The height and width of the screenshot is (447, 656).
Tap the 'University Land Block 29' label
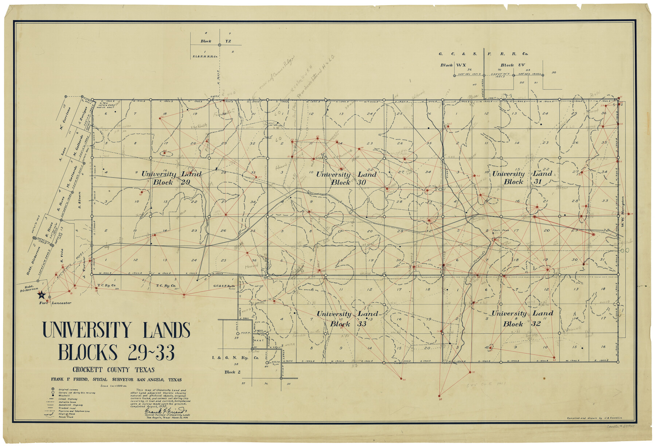tap(171, 178)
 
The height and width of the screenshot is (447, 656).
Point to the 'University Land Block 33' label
tap(347, 318)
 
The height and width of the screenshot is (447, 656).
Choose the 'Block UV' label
tap(512, 65)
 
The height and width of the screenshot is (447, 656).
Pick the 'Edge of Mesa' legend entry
tap(66, 414)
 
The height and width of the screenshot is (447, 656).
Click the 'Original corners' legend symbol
tap(53, 389)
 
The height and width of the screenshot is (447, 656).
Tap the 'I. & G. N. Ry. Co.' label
tap(235, 358)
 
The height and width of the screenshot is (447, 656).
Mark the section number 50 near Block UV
tap(554, 72)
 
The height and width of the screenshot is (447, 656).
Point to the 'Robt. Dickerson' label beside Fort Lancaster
tap(29, 289)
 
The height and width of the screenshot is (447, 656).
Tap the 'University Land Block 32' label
tap(522, 318)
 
